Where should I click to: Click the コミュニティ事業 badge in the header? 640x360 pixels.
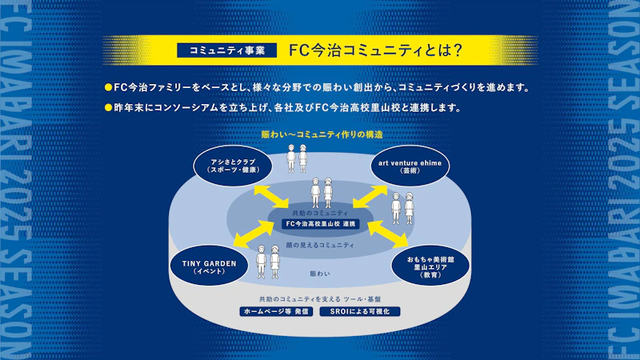pyautogui.click(x=227, y=50)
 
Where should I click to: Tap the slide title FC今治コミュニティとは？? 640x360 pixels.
pyautogui.click(x=375, y=50)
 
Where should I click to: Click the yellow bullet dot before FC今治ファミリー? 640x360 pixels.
pyautogui.click(x=108, y=87)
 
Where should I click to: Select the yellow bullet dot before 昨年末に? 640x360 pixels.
pyautogui.click(x=108, y=108)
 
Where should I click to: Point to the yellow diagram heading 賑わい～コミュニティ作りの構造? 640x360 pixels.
pyautogui.click(x=322, y=134)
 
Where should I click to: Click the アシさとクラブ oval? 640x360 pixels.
pyautogui.click(x=233, y=166)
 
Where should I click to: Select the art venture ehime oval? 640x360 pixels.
pyautogui.click(x=410, y=166)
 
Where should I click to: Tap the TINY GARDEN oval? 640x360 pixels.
pyautogui.click(x=210, y=266)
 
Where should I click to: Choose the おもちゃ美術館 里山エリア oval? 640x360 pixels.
pyautogui.click(x=430, y=266)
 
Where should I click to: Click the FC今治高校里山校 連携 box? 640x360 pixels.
pyautogui.click(x=321, y=224)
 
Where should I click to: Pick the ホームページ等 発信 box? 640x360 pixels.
pyautogui.click(x=276, y=311)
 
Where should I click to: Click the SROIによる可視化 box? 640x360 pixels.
pyautogui.click(x=359, y=311)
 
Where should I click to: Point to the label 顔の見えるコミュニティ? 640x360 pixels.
pyautogui.click(x=320, y=246)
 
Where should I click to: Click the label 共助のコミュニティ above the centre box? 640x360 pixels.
pyautogui.click(x=321, y=213)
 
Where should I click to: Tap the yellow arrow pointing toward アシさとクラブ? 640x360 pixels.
pyautogui.click(x=271, y=197)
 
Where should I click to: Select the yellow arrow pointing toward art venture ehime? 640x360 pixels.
pyautogui.click(x=370, y=197)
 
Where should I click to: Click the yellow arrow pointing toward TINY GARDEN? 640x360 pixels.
pyautogui.click(x=254, y=234)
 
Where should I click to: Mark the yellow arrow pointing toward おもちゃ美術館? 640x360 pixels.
pyautogui.click(x=388, y=234)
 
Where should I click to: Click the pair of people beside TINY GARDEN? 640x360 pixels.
pyautogui.click(x=268, y=262)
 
